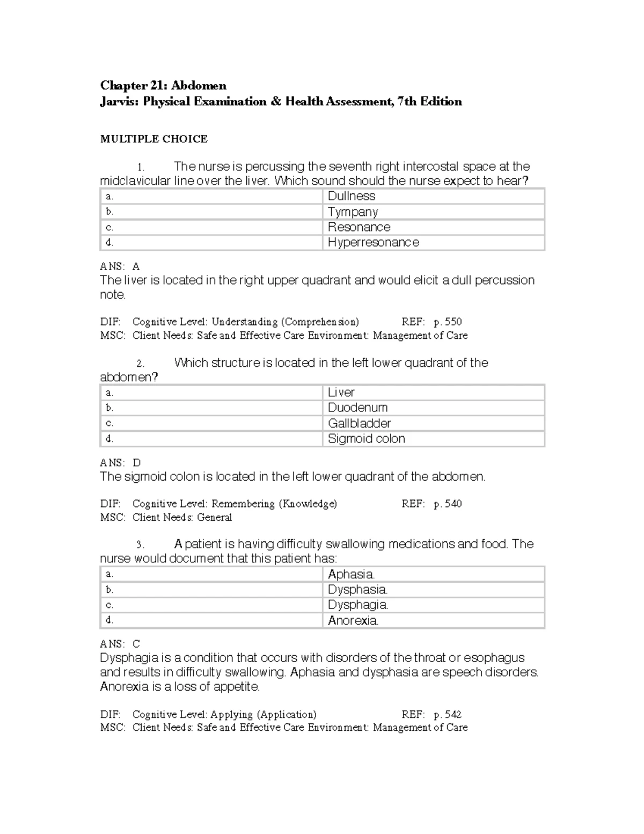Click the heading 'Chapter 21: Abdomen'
coord(163,86)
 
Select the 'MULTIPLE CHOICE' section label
coord(153,139)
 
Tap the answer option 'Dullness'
coord(352,197)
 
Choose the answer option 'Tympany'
coord(353,212)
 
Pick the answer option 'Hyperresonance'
coord(373,243)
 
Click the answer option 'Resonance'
coord(359,227)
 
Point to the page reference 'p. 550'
coord(448,322)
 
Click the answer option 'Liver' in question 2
coord(341,393)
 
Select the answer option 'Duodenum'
coord(357,408)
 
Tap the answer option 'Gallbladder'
coord(359,423)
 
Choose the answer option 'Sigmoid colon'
coord(366,439)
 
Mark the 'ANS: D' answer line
coord(120,462)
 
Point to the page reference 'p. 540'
coord(448,504)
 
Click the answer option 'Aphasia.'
coord(351,574)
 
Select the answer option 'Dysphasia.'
coord(357,590)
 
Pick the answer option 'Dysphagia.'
coord(358,605)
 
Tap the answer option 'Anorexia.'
coord(353,621)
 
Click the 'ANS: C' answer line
coord(120,644)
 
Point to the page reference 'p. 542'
coord(448,715)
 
